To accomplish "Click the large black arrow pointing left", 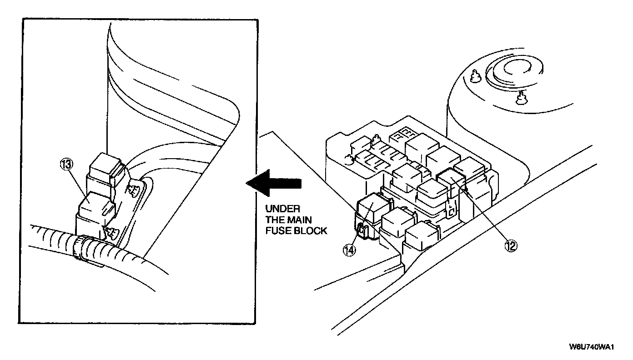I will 273,184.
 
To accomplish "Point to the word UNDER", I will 282,209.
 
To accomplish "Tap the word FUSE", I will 277,231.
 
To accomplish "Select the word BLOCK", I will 312,231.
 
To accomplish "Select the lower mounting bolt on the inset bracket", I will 111,231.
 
